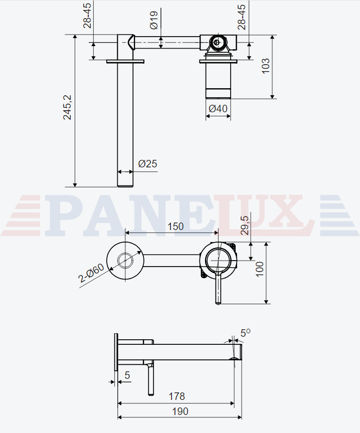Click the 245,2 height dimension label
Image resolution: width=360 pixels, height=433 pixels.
point(67,107)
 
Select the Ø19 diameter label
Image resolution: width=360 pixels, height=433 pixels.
point(154,20)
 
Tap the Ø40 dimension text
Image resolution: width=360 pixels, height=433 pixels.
point(218,109)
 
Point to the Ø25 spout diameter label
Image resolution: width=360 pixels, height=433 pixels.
point(147,164)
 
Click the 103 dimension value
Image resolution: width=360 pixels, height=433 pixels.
point(266,66)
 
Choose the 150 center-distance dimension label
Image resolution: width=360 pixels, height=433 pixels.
point(175,227)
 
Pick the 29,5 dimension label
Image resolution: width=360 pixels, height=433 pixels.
point(245,226)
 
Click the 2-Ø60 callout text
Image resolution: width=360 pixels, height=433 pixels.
point(91,273)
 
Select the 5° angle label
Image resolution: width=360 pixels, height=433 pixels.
point(245,333)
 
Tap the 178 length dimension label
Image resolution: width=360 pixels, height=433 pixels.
point(177,396)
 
